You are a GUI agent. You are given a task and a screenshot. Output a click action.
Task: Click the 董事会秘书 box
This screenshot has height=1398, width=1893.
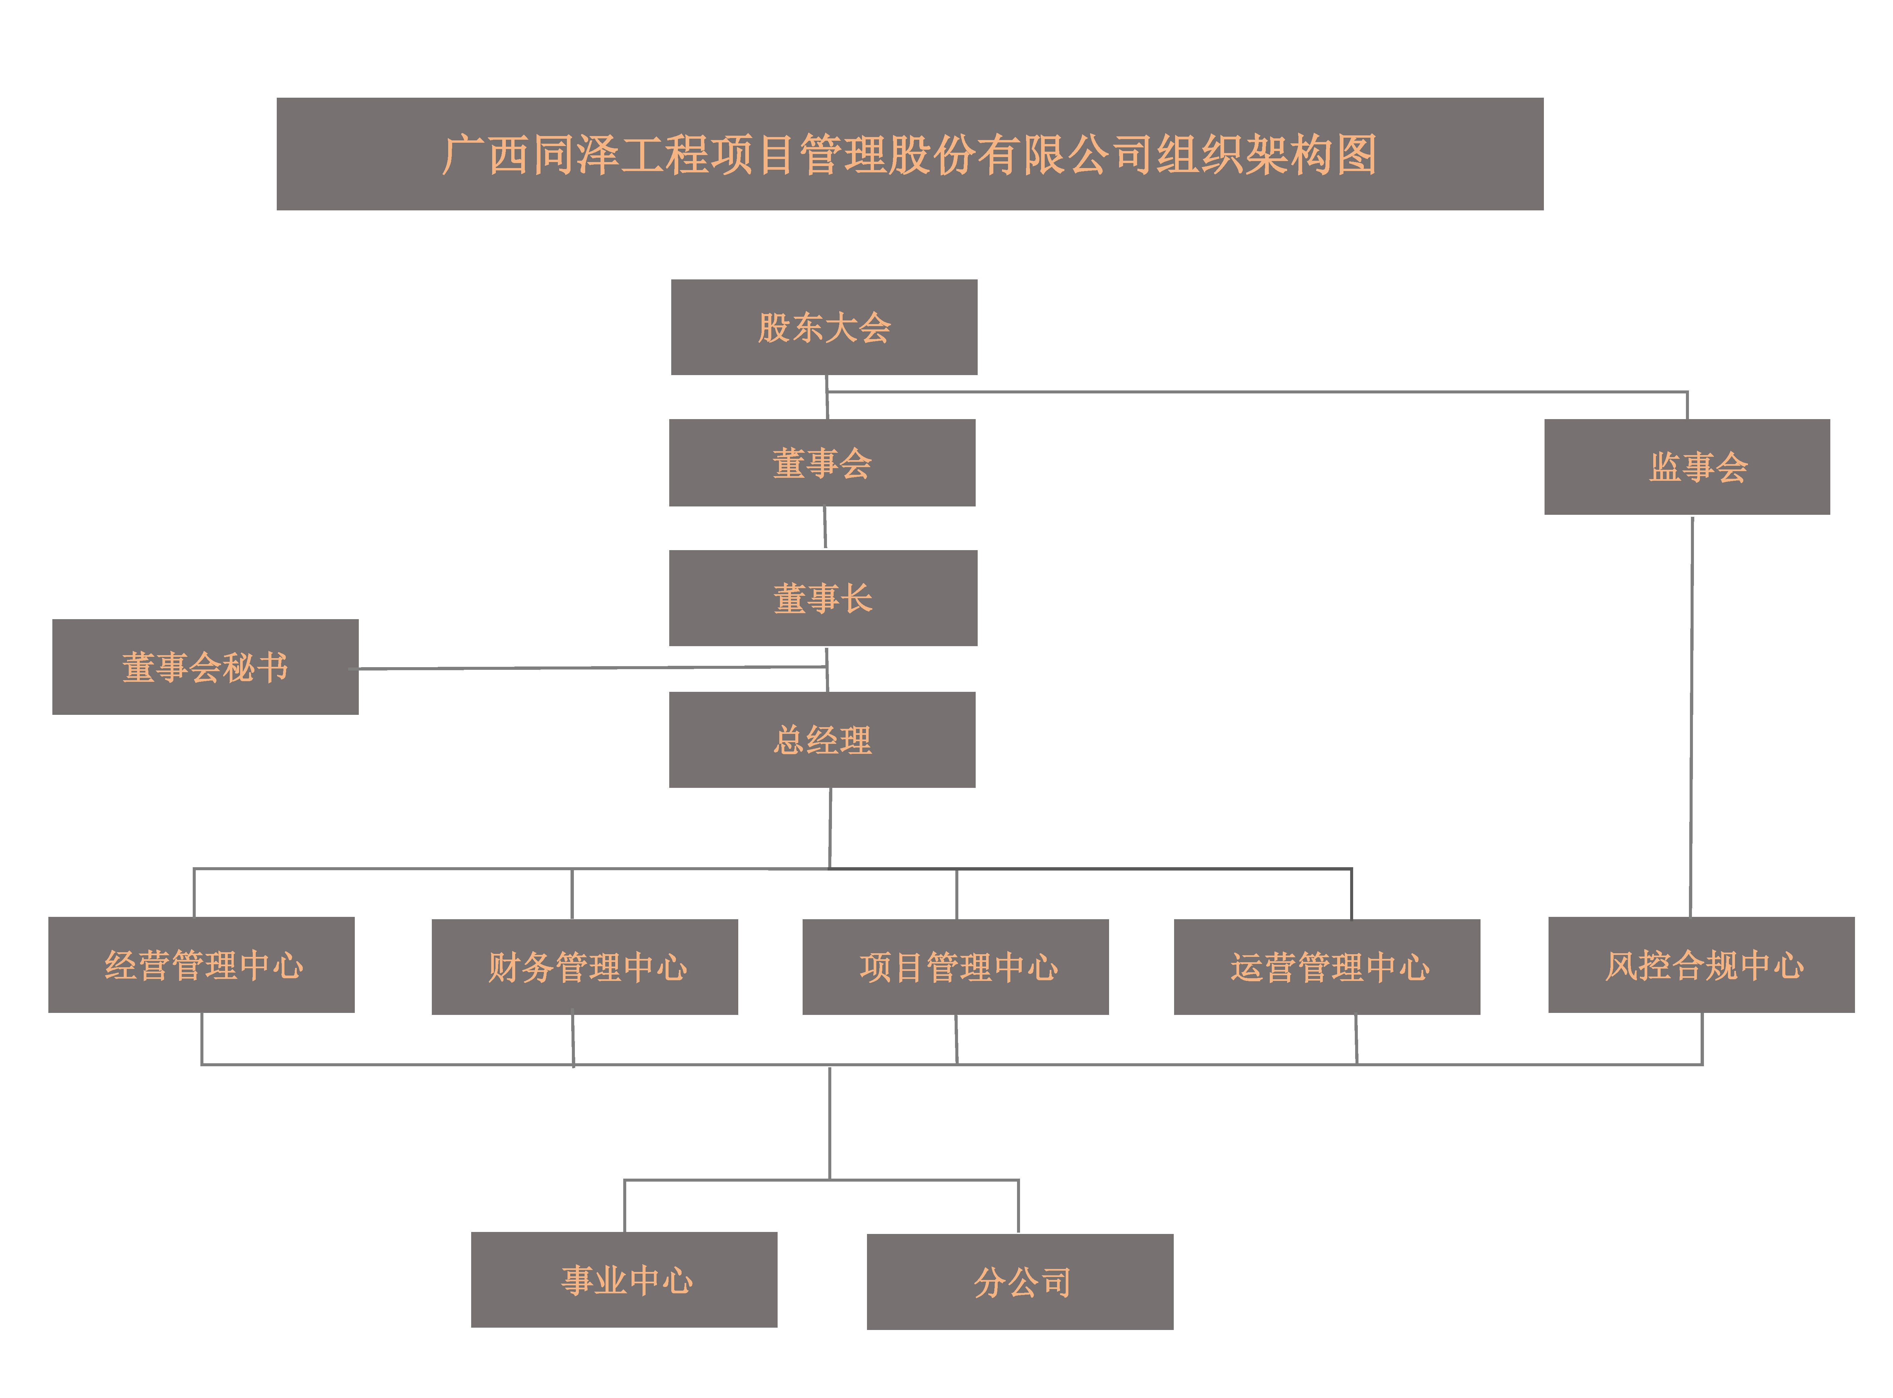[x=205, y=667]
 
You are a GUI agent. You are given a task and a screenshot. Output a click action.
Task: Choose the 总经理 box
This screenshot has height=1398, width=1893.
[x=822, y=740]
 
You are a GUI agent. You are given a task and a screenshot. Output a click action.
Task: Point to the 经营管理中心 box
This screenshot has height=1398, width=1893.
[x=201, y=965]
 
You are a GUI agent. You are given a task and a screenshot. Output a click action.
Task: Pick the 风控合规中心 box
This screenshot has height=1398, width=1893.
[x=1701, y=965]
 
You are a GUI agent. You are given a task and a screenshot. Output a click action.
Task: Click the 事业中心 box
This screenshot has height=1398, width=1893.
[x=624, y=1280]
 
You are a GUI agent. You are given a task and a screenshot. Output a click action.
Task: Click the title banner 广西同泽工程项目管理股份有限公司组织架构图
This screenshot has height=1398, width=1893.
[x=910, y=154]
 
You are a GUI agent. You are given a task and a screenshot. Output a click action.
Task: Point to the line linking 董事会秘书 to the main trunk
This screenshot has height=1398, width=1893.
[x=592, y=668]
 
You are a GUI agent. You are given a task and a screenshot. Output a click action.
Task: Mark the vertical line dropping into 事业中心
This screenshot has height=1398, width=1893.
[x=625, y=1206]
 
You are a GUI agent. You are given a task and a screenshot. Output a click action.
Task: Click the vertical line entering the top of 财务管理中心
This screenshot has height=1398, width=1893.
[x=572, y=894]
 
